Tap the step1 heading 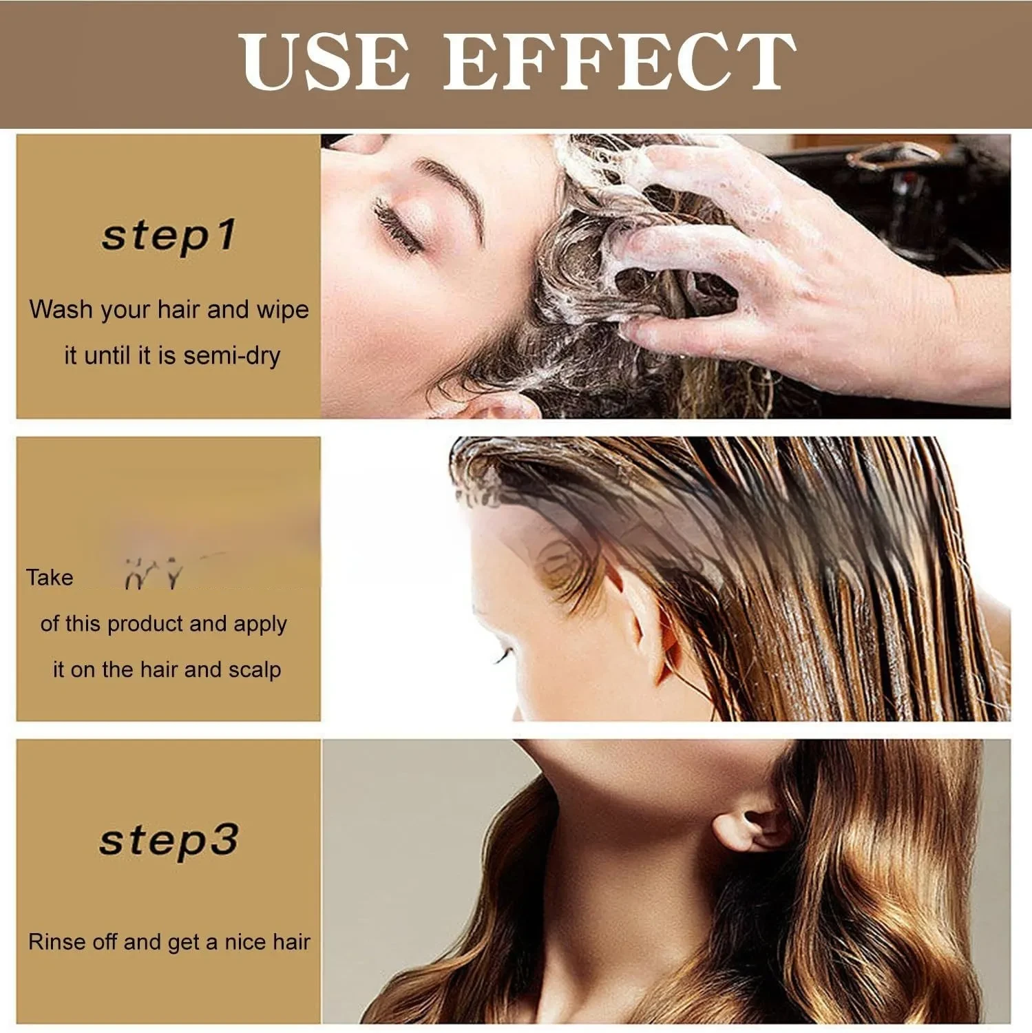tap(169, 236)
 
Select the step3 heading tap(169, 840)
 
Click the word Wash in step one tap(61, 309)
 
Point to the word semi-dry tap(232, 355)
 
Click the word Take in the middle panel tap(50, 577)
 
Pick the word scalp tap(255, 669)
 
